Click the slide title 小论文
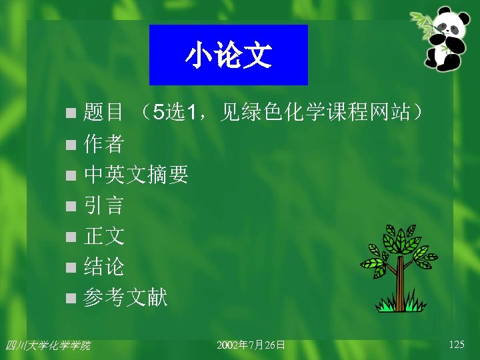pyautogui.click(x=228, y=55)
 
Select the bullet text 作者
pyautogui.click(x=103, y=143)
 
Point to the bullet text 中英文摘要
pyautogui.click(x=136, y=175)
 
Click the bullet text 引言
pyautogui.click(x=103, y=205)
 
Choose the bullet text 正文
pyautogui.click(x=103, y=236)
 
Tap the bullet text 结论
pyautogui.click(x=103, y=267)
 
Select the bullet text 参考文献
pyautogui.click(x=125, y=298)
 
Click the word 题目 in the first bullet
pyautogui.click(x=103, y=113)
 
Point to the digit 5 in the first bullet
pyautogui.click(x=157, y=113)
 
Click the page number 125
pyautogui.click(x=457, y=345)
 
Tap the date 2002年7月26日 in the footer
pyautogui.click(x=251, y=345)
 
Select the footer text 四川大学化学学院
pyautogui.click(x=47, y=345)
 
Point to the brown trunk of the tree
pyautogui.click(x=400, y=283)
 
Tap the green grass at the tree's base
pyautogui.click(x=399, y=305)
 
